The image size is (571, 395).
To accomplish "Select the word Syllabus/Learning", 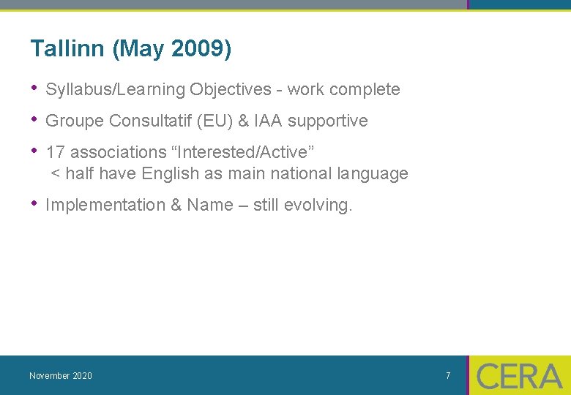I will coord(115,90).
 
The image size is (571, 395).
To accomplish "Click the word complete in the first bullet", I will coord(364,89).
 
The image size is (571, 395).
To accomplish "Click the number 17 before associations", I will coord(55,152).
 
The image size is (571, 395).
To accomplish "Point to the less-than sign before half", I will coord(55,174).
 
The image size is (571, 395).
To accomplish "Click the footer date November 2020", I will coord(61,376).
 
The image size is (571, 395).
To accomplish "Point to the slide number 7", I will coord(448,376).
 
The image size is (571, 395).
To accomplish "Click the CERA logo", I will coord(519,376).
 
